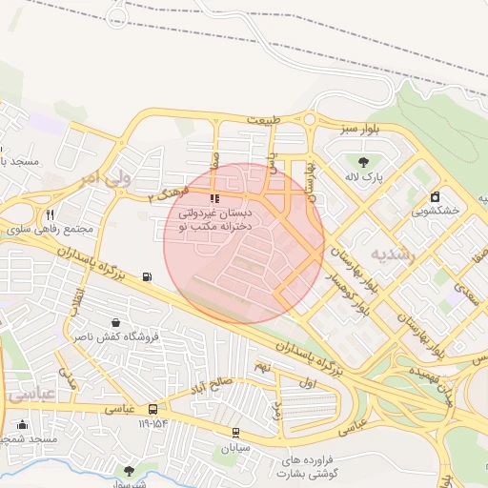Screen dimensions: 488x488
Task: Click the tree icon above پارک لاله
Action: click(x=362, y=161)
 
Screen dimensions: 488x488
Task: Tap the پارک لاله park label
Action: click(x=363, y=177)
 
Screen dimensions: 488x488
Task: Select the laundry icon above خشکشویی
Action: click(x=436, y=196)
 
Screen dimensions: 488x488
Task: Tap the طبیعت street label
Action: click(x=264, y=121)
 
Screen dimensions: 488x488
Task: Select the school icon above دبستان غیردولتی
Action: click(x=214, y=199)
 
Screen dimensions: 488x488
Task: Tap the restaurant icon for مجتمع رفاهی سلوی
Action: click(x=50, y=214)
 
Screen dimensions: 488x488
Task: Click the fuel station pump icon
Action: click(x=147, y=277)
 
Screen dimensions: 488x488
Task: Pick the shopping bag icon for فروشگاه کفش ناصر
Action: click(x=115, y=322)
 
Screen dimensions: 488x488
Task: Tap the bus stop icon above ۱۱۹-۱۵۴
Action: click(x=152, y=410)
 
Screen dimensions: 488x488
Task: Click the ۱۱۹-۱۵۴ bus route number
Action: click(x=152, y=423)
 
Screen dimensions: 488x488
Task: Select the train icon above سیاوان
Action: click(x=234, y=433)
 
